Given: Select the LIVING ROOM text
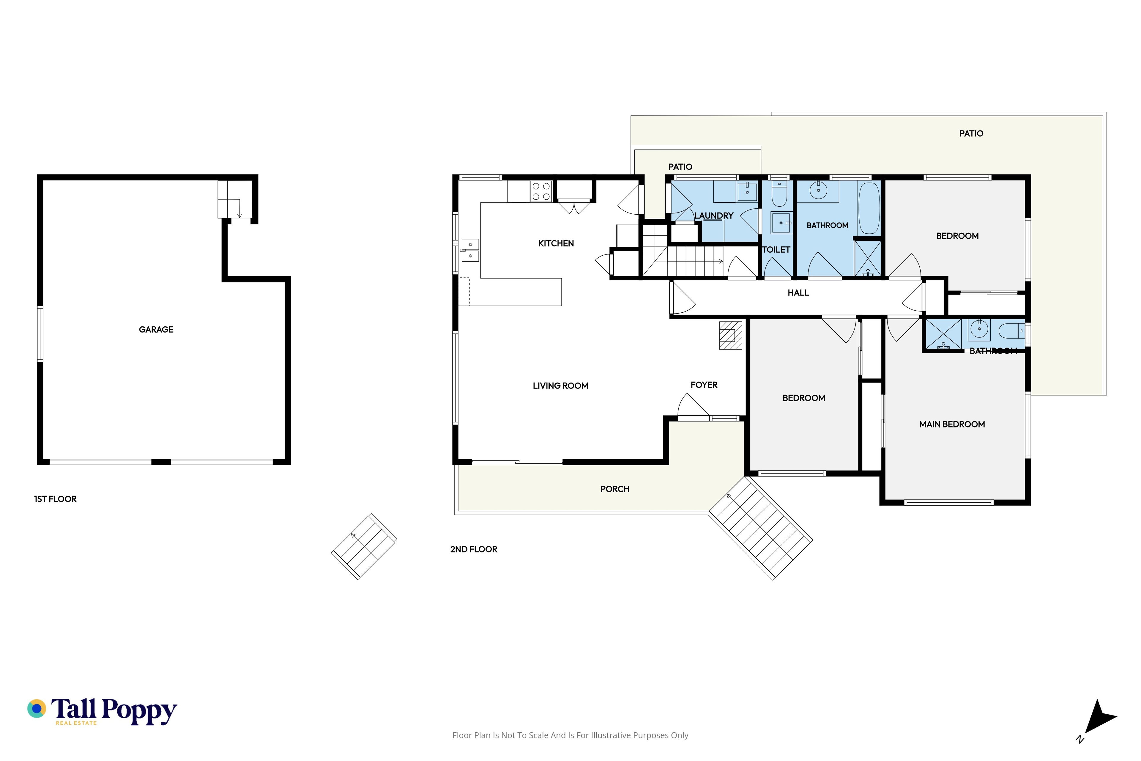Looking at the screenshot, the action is point(560,386).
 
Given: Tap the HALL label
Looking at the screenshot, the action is point(798,293).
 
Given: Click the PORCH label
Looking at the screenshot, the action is point(615,489).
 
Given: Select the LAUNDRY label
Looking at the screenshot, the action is point(714,216).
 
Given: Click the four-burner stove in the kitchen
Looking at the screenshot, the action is point(541,191).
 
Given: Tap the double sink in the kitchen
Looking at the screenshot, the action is point(470,250).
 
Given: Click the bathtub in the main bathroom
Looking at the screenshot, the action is point(869,208).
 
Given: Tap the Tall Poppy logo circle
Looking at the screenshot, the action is point(37,709).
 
